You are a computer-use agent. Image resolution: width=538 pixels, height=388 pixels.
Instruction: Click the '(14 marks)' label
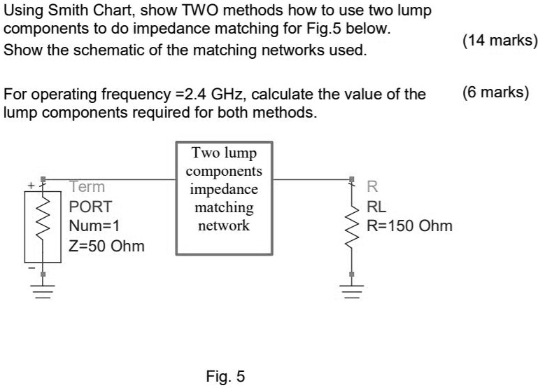click(500, 41)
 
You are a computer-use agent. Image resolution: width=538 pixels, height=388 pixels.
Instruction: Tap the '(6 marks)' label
click(496, 92)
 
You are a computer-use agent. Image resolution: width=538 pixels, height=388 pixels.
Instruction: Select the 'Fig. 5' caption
click(225, 376)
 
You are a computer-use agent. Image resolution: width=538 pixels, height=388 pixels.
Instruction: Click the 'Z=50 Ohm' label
click(106, 247)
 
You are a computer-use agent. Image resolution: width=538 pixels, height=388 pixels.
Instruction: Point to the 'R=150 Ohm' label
click(410, 226)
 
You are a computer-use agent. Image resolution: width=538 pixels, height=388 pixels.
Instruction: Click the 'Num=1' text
click(94, 226)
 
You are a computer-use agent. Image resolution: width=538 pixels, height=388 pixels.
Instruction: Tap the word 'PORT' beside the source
click(90, 207)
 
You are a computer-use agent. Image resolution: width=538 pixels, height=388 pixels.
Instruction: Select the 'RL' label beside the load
click(376, 207)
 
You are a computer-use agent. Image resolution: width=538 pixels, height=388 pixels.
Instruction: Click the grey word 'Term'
click(87, 187)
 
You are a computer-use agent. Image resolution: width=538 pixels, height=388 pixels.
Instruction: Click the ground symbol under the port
click(43, 291)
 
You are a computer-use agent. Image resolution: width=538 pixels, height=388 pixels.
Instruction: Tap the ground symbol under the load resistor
click(352, 291)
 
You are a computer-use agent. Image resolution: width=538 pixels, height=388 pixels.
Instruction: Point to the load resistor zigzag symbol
click(352, 228)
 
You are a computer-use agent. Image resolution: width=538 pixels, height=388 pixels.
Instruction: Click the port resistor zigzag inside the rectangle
click(43, 219)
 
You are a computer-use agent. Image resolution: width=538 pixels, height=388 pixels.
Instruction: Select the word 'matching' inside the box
click(224, 207)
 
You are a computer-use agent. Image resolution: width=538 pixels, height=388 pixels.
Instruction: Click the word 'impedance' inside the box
click(224, 189)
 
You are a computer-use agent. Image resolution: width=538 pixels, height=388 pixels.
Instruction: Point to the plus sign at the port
click(31, 186)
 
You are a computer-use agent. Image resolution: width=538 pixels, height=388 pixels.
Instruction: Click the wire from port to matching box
click(109, 179)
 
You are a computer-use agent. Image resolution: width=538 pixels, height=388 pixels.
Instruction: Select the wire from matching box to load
click(312, 179)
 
